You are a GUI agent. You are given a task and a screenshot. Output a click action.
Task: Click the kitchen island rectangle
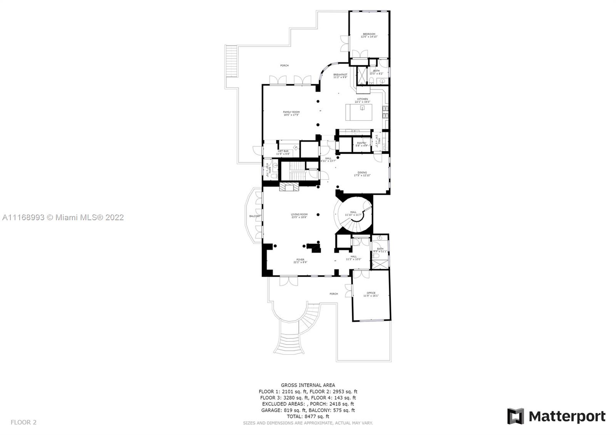[x=359, y=112]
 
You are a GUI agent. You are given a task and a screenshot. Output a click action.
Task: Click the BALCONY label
[x=255, y=216]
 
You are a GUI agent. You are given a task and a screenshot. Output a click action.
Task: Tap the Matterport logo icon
[x=515, y=416]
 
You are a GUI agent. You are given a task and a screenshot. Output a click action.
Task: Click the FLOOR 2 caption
[x=23, y=422]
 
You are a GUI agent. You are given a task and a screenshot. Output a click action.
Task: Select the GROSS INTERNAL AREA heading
[x=308, y=385]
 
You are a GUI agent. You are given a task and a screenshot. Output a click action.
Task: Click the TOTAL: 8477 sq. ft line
[x=308, y=416]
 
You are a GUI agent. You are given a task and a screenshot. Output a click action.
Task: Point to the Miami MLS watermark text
[x=63, y=217]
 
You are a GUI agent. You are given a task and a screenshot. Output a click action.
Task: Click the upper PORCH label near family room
[x=284, y=65]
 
